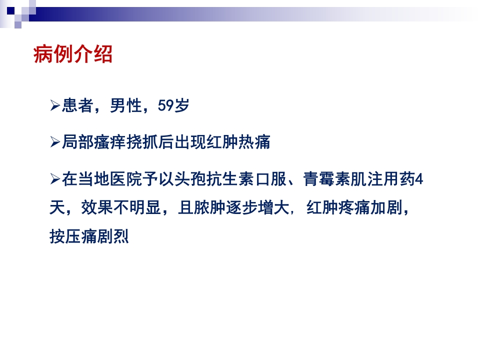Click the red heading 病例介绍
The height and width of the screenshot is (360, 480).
(73, 54)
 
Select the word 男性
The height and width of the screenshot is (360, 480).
(125, 106)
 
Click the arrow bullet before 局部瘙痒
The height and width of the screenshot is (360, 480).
(55, 142)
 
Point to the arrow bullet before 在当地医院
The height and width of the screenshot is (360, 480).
(55, 179)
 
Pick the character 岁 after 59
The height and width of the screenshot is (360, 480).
(182, 106)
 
